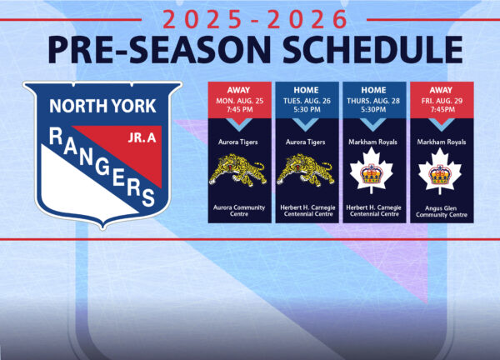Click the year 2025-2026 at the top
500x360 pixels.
(x=250, y=18)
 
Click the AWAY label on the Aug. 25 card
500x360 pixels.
(x=238, y=90)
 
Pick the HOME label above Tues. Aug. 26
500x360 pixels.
(x=307, y=90)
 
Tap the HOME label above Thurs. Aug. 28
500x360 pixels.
(x=374, y=90)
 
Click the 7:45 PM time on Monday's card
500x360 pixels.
(x=238, y=110)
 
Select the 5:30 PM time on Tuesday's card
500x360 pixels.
(x=307, y=110)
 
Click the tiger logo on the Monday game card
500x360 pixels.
(x=238, y=172)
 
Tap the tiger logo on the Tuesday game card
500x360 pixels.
(x=307, y=172)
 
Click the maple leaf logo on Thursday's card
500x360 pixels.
(x=374, y=173)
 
